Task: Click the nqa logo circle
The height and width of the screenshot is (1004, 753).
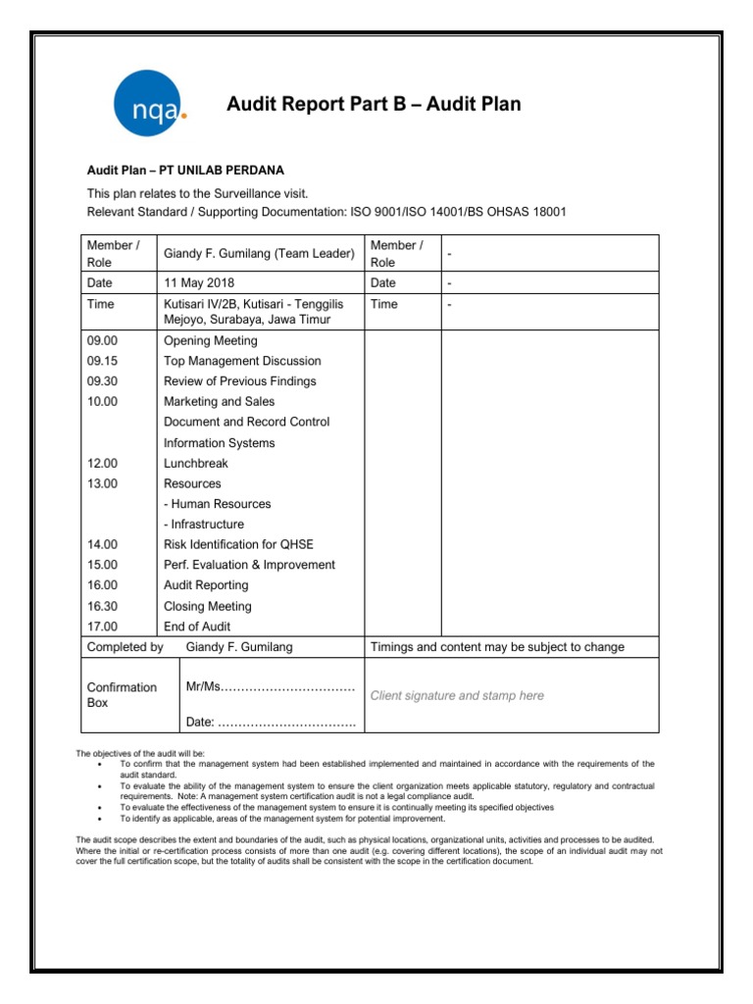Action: pos(145,104)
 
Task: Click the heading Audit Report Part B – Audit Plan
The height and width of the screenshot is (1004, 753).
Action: pos(374,104)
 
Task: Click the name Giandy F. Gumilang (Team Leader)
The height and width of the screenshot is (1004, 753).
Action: pos(259,253)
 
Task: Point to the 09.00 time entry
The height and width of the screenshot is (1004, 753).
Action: pos(102,340)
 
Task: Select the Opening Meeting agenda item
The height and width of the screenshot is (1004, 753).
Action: pos(211,340)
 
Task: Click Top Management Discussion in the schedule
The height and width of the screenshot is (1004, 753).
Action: pos(242,361)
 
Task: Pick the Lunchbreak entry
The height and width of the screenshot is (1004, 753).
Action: pos(196,463)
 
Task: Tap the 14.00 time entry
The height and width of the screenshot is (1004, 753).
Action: pos(102,544)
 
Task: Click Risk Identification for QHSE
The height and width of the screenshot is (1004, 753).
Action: pos(252,544)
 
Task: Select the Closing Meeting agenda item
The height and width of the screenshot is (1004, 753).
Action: pos(208,606)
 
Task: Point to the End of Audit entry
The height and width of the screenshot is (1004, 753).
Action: pos(197,627)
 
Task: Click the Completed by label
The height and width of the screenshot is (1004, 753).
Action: pos(125,647)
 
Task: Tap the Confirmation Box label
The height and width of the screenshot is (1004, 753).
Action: pos(122,695)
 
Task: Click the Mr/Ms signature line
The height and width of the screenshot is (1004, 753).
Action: pos(270,686)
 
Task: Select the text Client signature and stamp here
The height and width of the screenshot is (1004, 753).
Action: pos(457,695)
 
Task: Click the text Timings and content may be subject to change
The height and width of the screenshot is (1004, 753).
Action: pos(497,647)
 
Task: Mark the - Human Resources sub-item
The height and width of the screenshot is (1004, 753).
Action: pos(218,504)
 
